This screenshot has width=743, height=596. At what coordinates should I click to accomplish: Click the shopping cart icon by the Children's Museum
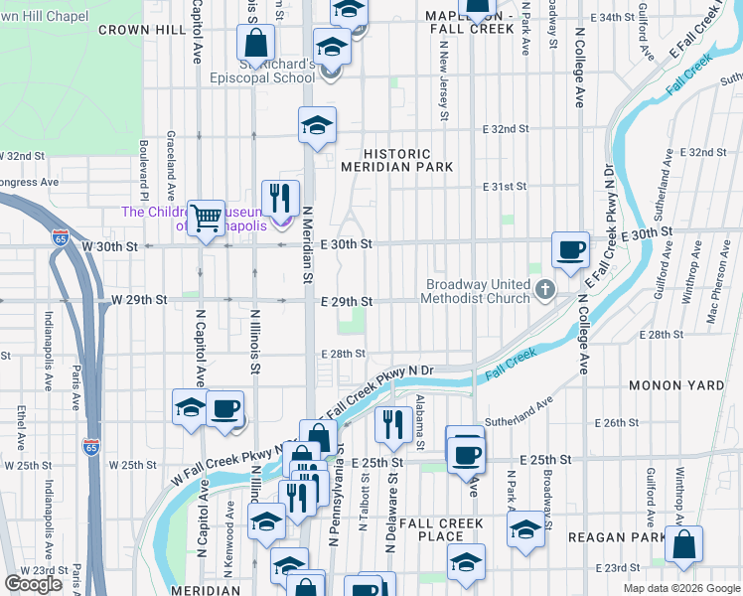click(x=207, y=217)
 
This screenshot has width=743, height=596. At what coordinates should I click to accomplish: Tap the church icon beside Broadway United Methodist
click(x=543, y=290)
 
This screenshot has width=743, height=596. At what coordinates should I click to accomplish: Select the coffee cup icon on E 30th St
click(x=570, y=249)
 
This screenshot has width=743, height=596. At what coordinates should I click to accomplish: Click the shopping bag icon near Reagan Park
click(x=683, y=544)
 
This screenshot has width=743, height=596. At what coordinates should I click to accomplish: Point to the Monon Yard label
click(x=675, y=384)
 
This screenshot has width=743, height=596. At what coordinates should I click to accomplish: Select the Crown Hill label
click(x=142, y=31)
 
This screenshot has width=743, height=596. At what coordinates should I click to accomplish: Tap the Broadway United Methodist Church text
click(x=475, y=290)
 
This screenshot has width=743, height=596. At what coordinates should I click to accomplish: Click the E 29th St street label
click(x=346, y=302)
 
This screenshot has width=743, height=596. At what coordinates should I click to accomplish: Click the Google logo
click(x=34, y=584)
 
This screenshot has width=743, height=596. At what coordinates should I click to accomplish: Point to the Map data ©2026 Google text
click(x=680, y=588)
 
